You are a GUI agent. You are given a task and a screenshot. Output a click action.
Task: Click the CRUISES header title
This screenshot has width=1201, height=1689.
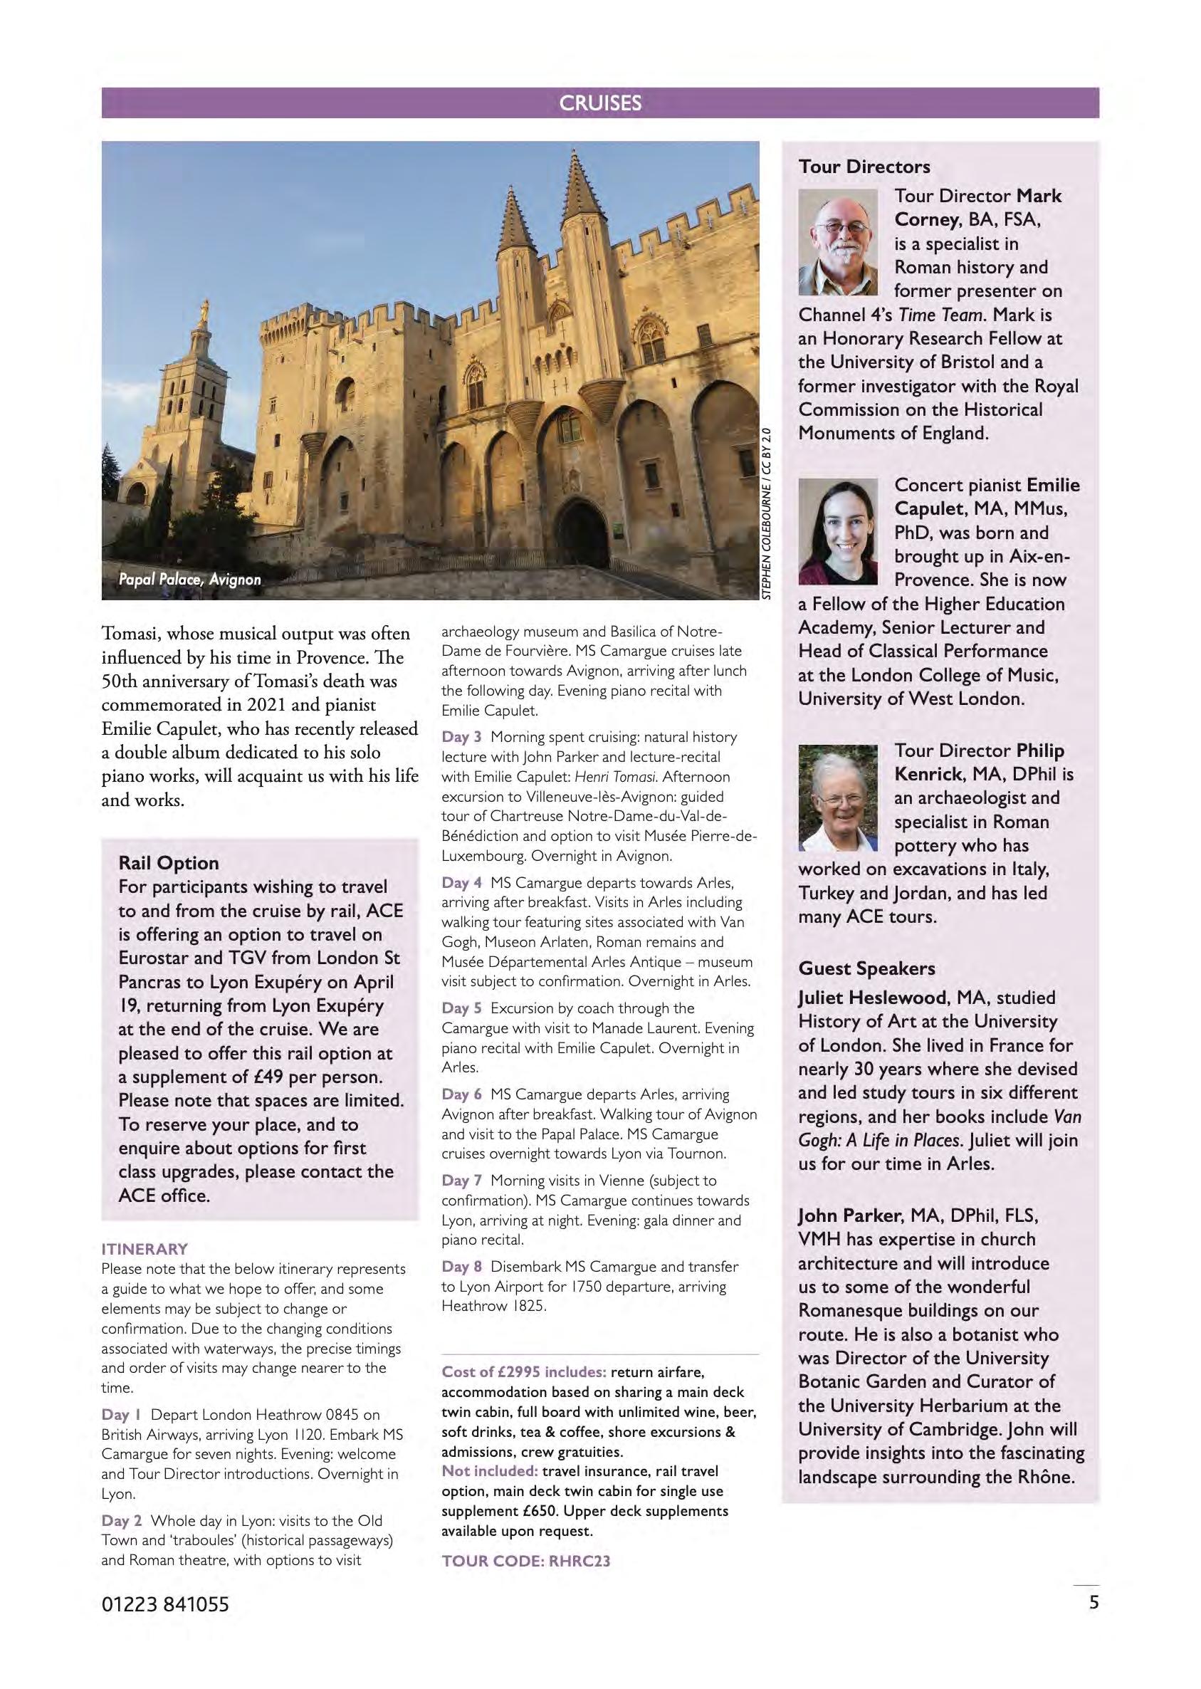[599, 103]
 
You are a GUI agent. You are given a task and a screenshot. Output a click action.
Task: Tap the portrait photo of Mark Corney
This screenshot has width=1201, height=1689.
[838, 242]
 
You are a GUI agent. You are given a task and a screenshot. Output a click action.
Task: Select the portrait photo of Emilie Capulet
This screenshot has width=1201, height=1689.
[838, 531]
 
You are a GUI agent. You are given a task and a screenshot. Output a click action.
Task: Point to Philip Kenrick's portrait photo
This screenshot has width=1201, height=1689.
[838, 798]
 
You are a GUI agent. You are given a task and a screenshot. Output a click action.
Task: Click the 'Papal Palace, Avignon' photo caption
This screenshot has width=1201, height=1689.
[190, 579]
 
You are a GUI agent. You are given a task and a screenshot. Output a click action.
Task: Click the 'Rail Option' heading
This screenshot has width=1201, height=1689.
[169, 863]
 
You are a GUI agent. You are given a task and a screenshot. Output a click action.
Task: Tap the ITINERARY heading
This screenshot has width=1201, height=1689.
[145, 1249]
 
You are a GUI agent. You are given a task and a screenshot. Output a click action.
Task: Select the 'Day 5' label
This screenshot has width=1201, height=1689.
[461, 1009]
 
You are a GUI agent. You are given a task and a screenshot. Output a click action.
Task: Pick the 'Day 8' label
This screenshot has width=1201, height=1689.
[461, 1267]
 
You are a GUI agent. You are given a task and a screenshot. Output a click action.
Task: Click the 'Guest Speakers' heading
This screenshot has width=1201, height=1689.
[866, 968]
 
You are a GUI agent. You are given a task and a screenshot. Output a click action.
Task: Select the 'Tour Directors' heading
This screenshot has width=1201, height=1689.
[864, 167]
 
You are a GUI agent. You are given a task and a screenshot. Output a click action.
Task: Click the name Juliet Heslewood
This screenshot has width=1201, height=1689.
[872, 998]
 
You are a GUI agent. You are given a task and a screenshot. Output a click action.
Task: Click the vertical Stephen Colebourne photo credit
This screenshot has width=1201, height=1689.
[768, 514]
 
